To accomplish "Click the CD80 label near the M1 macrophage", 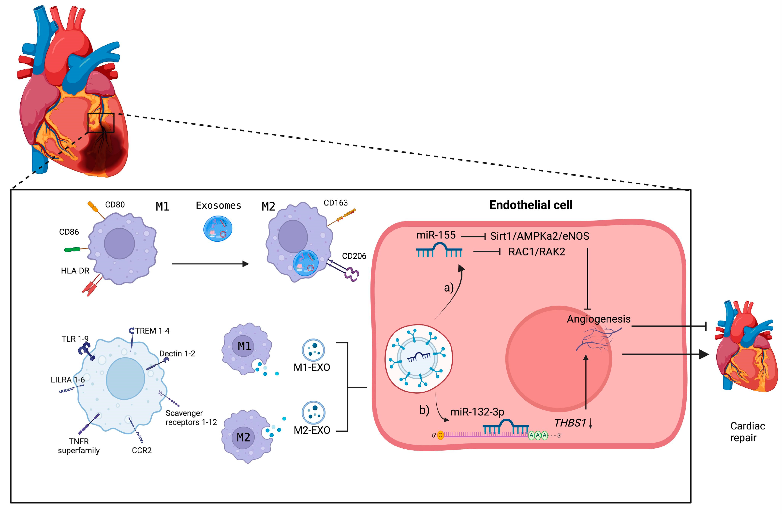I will point(115,205).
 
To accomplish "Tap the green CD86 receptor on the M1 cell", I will point(72,250).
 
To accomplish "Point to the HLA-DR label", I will point(75,271).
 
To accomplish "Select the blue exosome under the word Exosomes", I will point(218,229).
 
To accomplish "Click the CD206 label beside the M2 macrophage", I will point(354,256).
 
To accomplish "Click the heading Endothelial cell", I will point(531,205).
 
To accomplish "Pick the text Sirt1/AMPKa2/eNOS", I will point(540,236).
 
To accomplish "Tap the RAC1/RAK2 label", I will point(537,252).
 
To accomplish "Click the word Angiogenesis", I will point(598,319).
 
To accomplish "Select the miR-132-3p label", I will point(477,412).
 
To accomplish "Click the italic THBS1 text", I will point(570,423).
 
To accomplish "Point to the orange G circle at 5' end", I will point(441,435).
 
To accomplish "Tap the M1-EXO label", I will point(311,367).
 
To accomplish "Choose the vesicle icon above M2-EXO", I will point(313,412).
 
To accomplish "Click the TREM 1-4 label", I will point(152,331).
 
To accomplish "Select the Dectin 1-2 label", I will point(177,353).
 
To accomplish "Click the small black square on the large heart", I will point(101,123).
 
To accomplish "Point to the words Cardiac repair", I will point(747,432).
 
